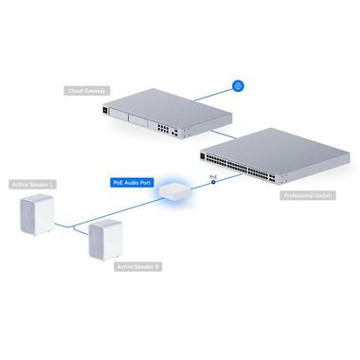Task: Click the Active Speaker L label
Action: coord(28,185)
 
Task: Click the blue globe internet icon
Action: coord(240,85)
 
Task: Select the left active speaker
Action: coord(35,216)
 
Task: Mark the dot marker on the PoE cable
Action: coord(215,181)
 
